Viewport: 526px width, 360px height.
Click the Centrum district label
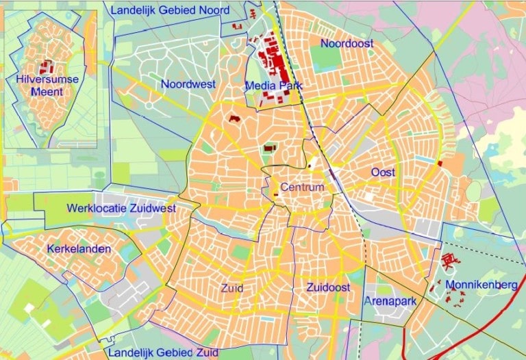(x=301, y=187)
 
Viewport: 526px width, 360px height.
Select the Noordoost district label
(x=347, y=43)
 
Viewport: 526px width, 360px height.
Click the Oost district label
(x=383, y=172)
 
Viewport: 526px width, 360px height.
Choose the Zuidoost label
(x=329, y=287)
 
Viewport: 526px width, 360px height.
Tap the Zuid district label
(x=232, y=288)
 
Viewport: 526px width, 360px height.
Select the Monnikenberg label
(x=481, y=284)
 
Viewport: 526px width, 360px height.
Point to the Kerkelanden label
(x=79, y=249)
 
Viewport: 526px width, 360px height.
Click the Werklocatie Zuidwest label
(x=121, y=208)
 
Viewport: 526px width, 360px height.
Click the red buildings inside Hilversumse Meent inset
(x=47, y=67)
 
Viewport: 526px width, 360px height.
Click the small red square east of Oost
(x=440, y=164)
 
